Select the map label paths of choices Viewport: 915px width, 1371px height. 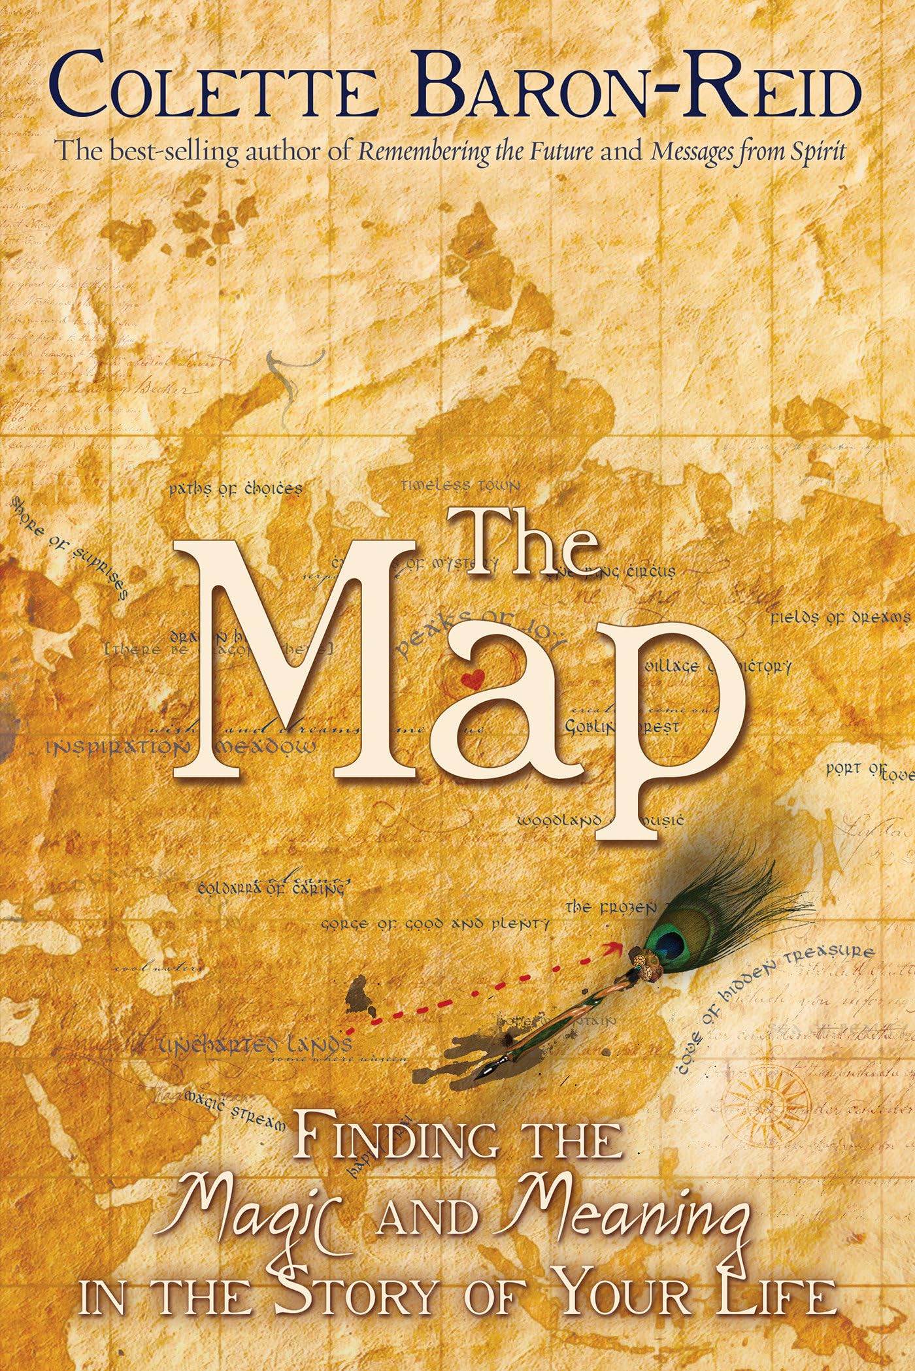(235, 489)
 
